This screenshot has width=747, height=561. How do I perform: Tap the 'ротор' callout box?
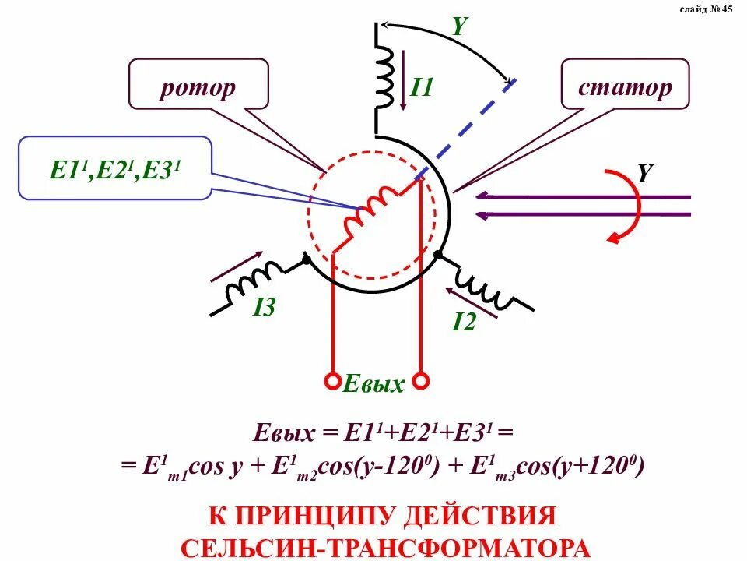198,87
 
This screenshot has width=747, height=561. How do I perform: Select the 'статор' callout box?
625,86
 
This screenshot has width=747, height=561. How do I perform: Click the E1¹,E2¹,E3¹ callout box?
115,168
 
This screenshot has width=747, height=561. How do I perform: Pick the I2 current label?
464,320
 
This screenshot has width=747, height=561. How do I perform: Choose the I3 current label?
264,309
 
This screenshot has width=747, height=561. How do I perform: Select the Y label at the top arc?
459,26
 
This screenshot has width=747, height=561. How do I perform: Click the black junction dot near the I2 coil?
438,255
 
